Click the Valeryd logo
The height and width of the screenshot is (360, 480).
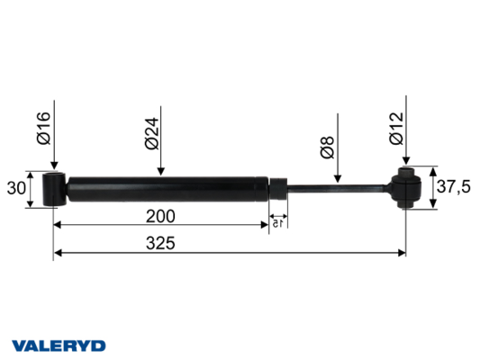pos(59,346)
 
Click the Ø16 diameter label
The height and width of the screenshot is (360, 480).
pos(43,128)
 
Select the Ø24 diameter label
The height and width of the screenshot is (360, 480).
pos(152,134)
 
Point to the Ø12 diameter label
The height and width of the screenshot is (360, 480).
pos(397,129)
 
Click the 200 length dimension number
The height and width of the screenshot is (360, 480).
pos(160,216)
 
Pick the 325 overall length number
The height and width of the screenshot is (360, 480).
pos(160,243)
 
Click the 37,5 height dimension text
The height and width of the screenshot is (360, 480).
pos(453,186)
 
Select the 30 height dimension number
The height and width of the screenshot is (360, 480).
pos(16,188)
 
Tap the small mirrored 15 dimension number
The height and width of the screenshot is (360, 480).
pos(277,223)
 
